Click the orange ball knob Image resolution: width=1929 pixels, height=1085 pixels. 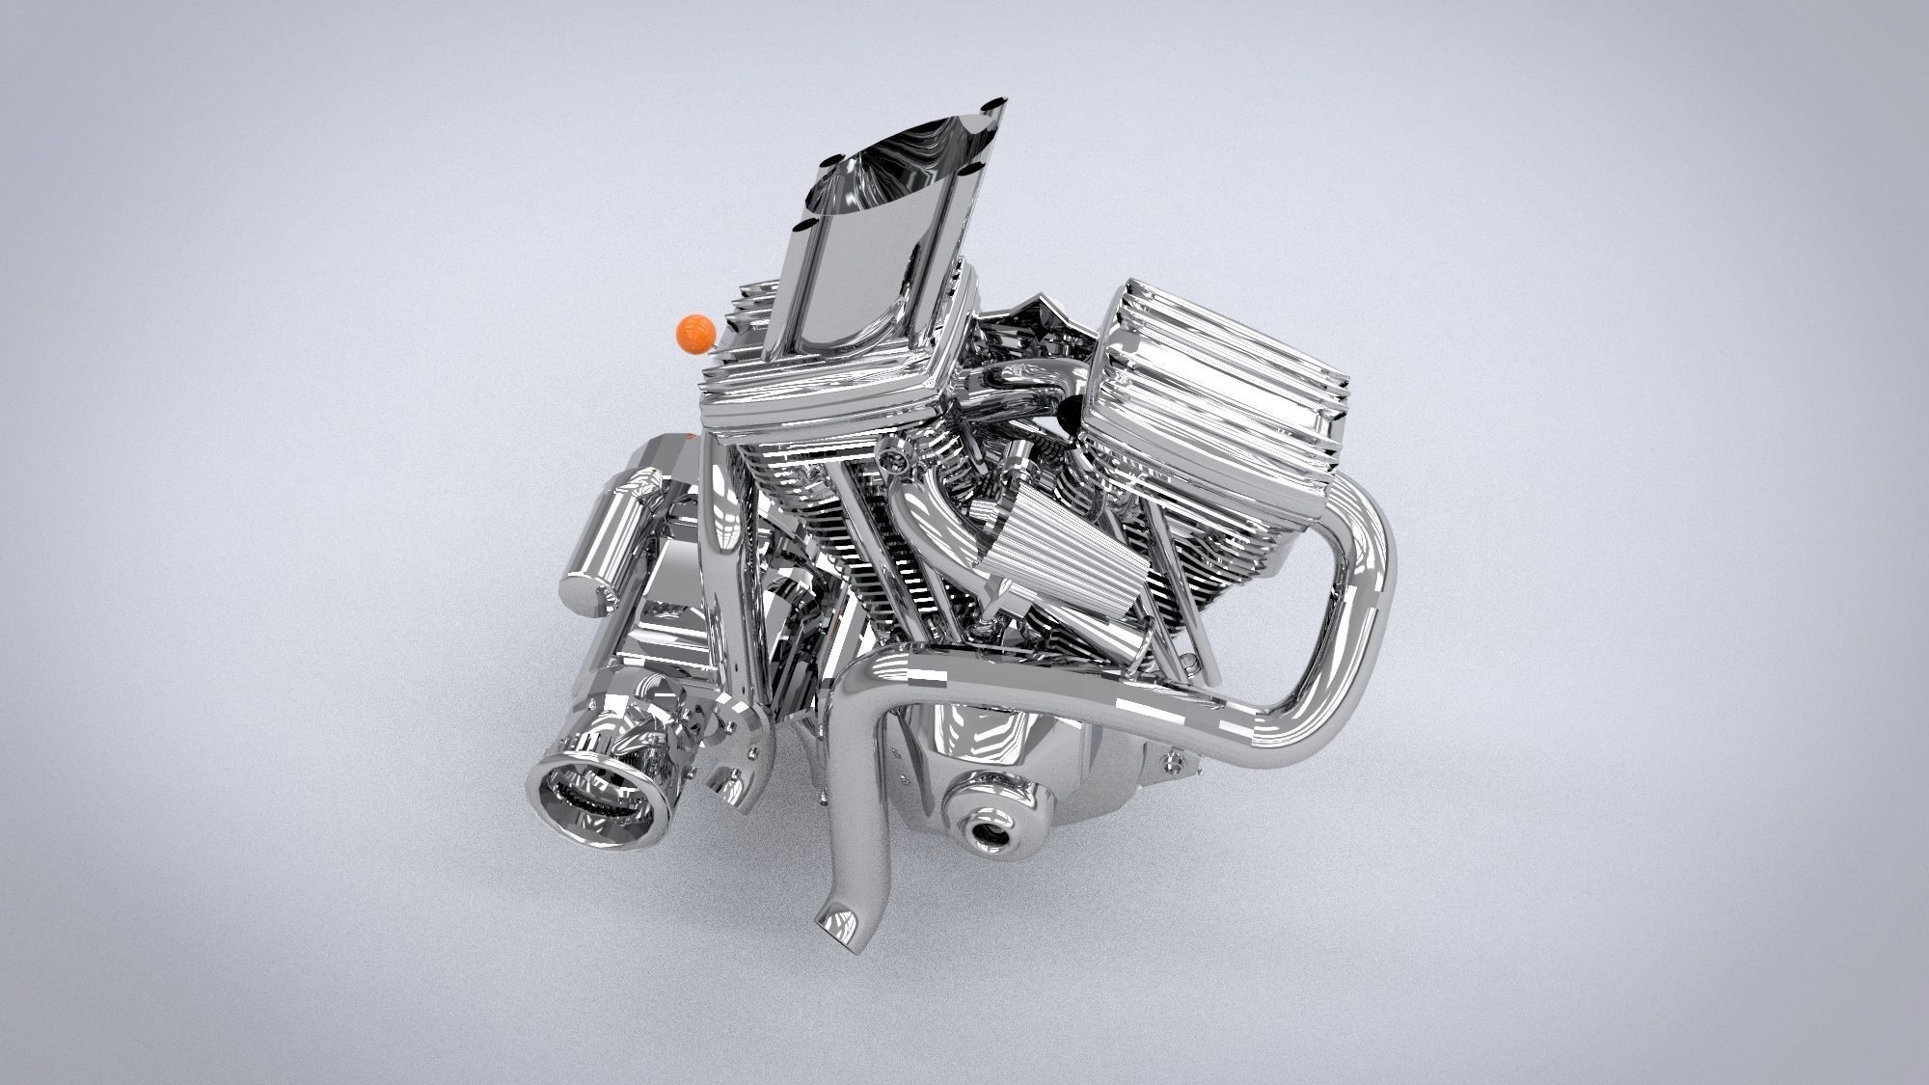tap(695, 334)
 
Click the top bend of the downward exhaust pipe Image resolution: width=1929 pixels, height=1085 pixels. tap(878, 675)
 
